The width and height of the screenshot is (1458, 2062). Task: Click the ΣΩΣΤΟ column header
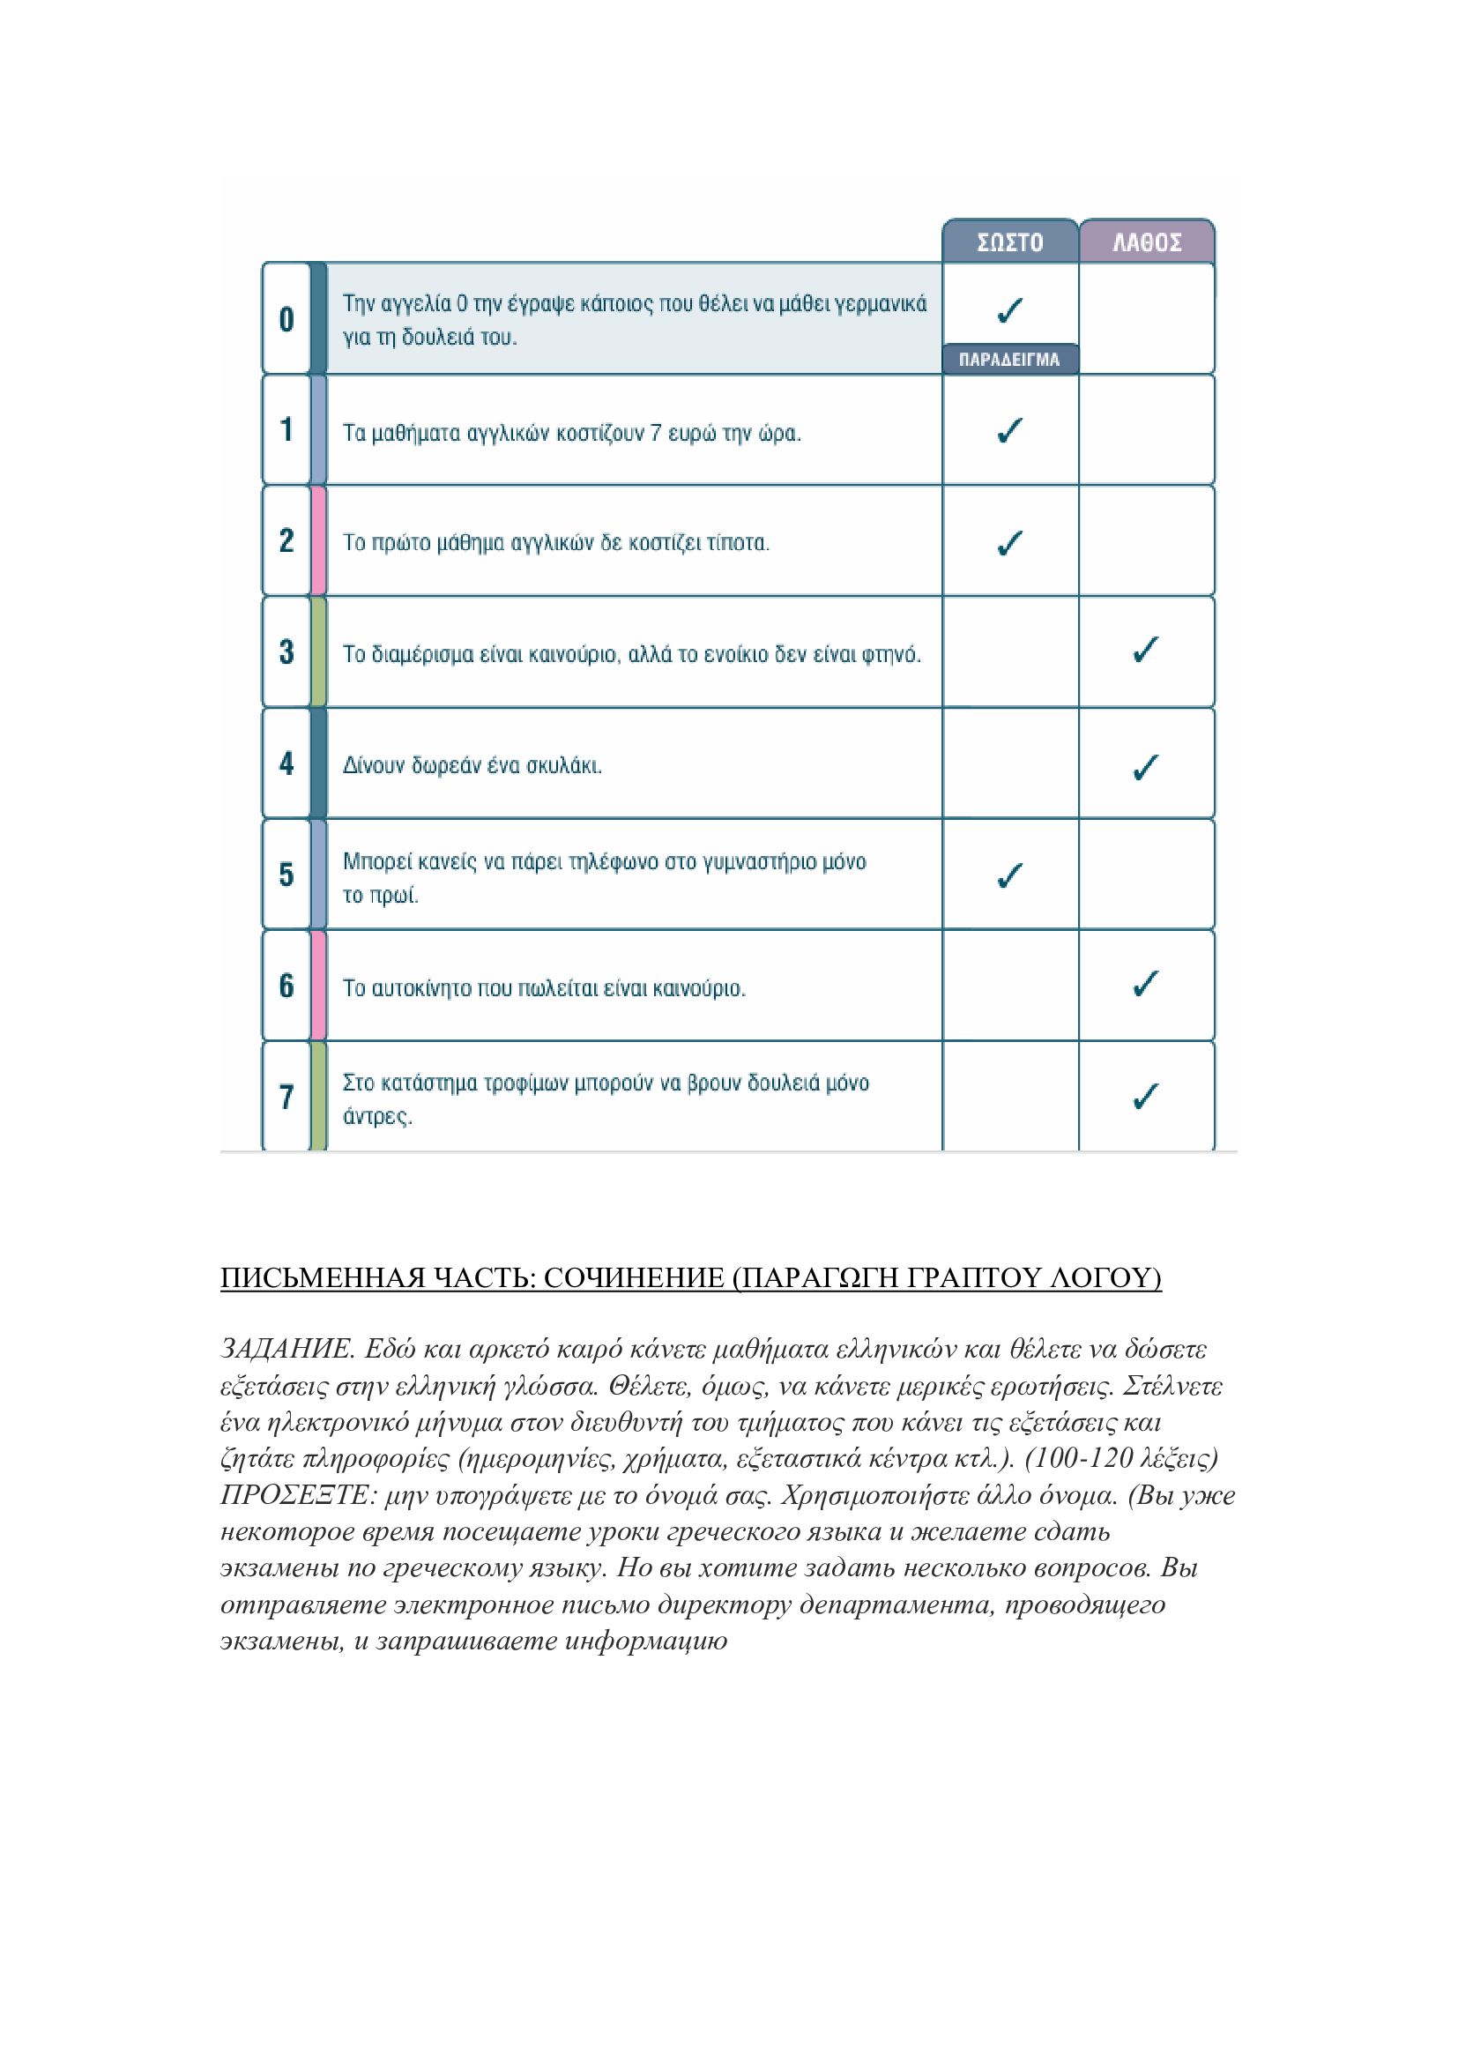pos(1010,242)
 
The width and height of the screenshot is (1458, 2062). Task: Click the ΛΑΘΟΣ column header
pos(1147,242)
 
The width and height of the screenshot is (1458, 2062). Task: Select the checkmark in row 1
pos(1010,431)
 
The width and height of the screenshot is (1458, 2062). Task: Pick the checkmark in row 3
pos(1146,650)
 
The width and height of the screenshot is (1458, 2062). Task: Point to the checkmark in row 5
pos(1010,875)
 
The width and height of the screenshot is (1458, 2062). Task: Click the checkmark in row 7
pos(1146,1096)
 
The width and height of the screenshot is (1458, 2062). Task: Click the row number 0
pos(286,319)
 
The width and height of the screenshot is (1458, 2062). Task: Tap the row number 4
pos(286,763)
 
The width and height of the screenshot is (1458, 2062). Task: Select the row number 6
pos(286,986)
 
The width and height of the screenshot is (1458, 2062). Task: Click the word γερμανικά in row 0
pos(879,304)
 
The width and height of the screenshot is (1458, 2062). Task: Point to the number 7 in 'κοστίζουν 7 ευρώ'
pos(657,433)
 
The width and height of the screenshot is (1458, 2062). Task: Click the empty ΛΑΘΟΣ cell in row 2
pos(1147,540)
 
